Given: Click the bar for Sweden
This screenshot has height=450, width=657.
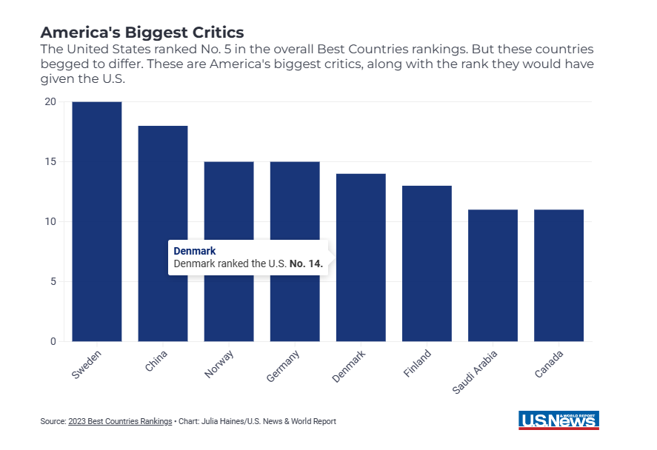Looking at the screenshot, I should pos(97,222).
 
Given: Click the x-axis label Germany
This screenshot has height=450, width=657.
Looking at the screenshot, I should pos(284,366).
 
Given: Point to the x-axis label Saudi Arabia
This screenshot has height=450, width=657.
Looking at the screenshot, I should pos(476,372).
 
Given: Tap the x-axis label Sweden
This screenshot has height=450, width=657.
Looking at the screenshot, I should pos(87,365).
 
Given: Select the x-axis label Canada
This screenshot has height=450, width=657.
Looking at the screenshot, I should pos(549,364).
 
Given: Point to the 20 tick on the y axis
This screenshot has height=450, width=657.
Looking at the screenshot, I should pos(50,102).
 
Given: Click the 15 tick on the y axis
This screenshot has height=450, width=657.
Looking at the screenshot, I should pos(50,162).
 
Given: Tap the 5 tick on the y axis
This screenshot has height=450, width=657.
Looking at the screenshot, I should pos(53,282).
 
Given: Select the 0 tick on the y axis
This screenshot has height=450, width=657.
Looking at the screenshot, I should pos(53,342).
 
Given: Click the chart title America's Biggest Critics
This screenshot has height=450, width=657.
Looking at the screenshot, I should pos(141,33).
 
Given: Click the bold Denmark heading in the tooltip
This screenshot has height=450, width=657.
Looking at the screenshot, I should pos(195,252).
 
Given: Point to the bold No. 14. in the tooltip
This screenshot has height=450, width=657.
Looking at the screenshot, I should pos(306,263).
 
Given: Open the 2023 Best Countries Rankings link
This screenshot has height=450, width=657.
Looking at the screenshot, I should pos(120,421).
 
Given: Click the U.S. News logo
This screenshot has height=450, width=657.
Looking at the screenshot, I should pos(558,420).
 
